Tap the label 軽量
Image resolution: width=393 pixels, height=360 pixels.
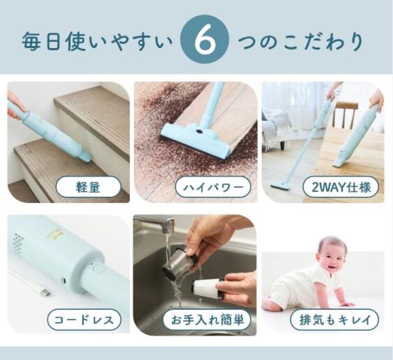pyautogui.click(x=88, y=188)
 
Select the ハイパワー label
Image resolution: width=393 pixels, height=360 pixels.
pyautogui.click(x=213, y=188)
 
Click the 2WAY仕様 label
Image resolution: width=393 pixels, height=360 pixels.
pyautogui.click(x=341, y=188)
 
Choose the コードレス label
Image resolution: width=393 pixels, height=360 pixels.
pyautogui.click(x=84, y=320)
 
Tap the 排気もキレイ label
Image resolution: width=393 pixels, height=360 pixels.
pyautogui.click(x=334, y=320)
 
